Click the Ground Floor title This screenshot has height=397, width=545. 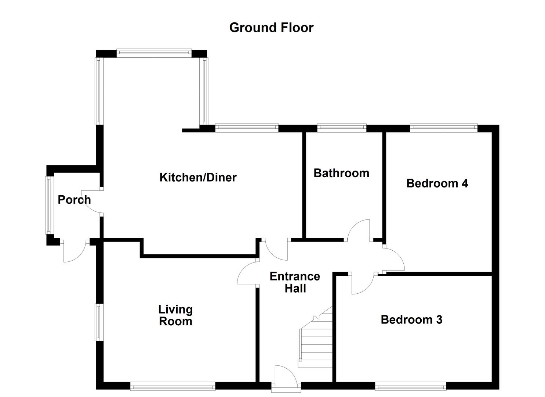(271, 28)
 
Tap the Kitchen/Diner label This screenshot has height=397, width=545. (198, 178)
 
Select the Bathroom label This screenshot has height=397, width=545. (341, 173)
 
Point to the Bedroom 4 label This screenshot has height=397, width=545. (437, 183)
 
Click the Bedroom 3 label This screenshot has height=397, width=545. (411, 319)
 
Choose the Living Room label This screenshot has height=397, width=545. (175, 315)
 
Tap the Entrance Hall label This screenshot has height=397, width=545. (295, 282)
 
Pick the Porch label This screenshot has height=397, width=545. (74, 200)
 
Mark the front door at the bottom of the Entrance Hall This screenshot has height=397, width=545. (286, 376)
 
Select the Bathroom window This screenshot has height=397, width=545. (341, 128)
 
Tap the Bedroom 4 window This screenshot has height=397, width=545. (443, 128)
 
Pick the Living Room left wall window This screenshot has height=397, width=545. (99, 322)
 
